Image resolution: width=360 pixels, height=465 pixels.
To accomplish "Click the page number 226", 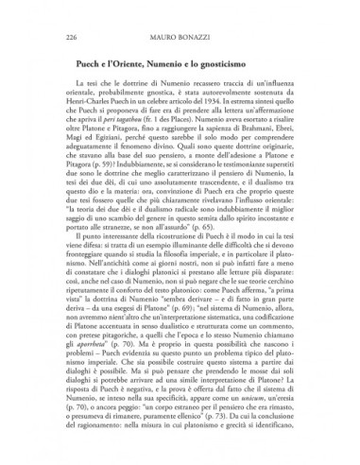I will [x=63, y=40].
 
